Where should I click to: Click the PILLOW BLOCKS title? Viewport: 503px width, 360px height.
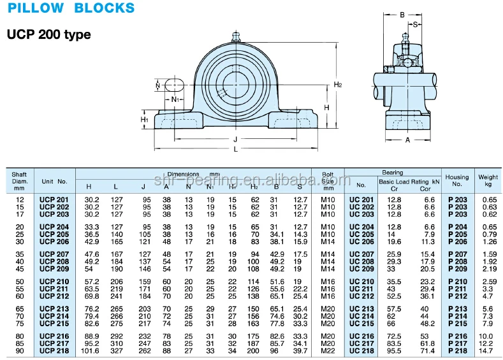tap(71, 9)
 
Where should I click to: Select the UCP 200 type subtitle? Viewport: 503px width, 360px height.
tap(48, 35)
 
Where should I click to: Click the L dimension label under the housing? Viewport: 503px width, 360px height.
tap(235, 148)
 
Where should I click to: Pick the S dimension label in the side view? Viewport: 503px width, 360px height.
tap(416, 25)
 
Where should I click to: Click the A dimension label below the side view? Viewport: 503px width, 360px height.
tap(407, 140)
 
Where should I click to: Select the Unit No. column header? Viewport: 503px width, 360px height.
tap(54, 182)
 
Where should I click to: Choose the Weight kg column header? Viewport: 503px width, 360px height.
tap(488, 180)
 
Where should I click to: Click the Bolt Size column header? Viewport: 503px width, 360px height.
tap(328, 180)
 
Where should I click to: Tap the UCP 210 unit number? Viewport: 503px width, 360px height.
tap(54, 281)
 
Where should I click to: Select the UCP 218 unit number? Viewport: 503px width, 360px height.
tap(54, 350)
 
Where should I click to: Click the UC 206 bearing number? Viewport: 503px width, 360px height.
tap(361, 242)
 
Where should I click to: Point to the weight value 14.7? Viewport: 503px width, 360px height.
tap(487, 350)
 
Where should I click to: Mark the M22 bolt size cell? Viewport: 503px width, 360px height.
tap(328, 350)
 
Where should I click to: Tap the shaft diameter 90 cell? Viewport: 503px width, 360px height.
tap(19, 350)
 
